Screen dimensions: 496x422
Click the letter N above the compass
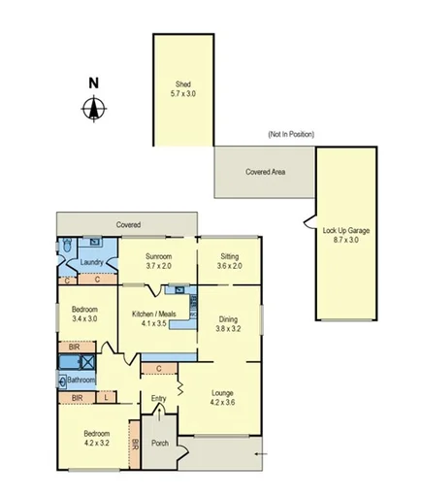pos(93,83)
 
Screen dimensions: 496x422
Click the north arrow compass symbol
pos(93,109)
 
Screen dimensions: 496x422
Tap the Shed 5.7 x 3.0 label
pos(182,88)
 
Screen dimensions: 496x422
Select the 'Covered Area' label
pos(265,171)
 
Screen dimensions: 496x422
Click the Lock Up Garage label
pos(345,235)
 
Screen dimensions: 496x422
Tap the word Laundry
pos(91,261)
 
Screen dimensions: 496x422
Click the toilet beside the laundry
pos(63,248)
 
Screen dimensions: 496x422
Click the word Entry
pos(160,397)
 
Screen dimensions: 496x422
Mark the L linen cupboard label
pos(106,397)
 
